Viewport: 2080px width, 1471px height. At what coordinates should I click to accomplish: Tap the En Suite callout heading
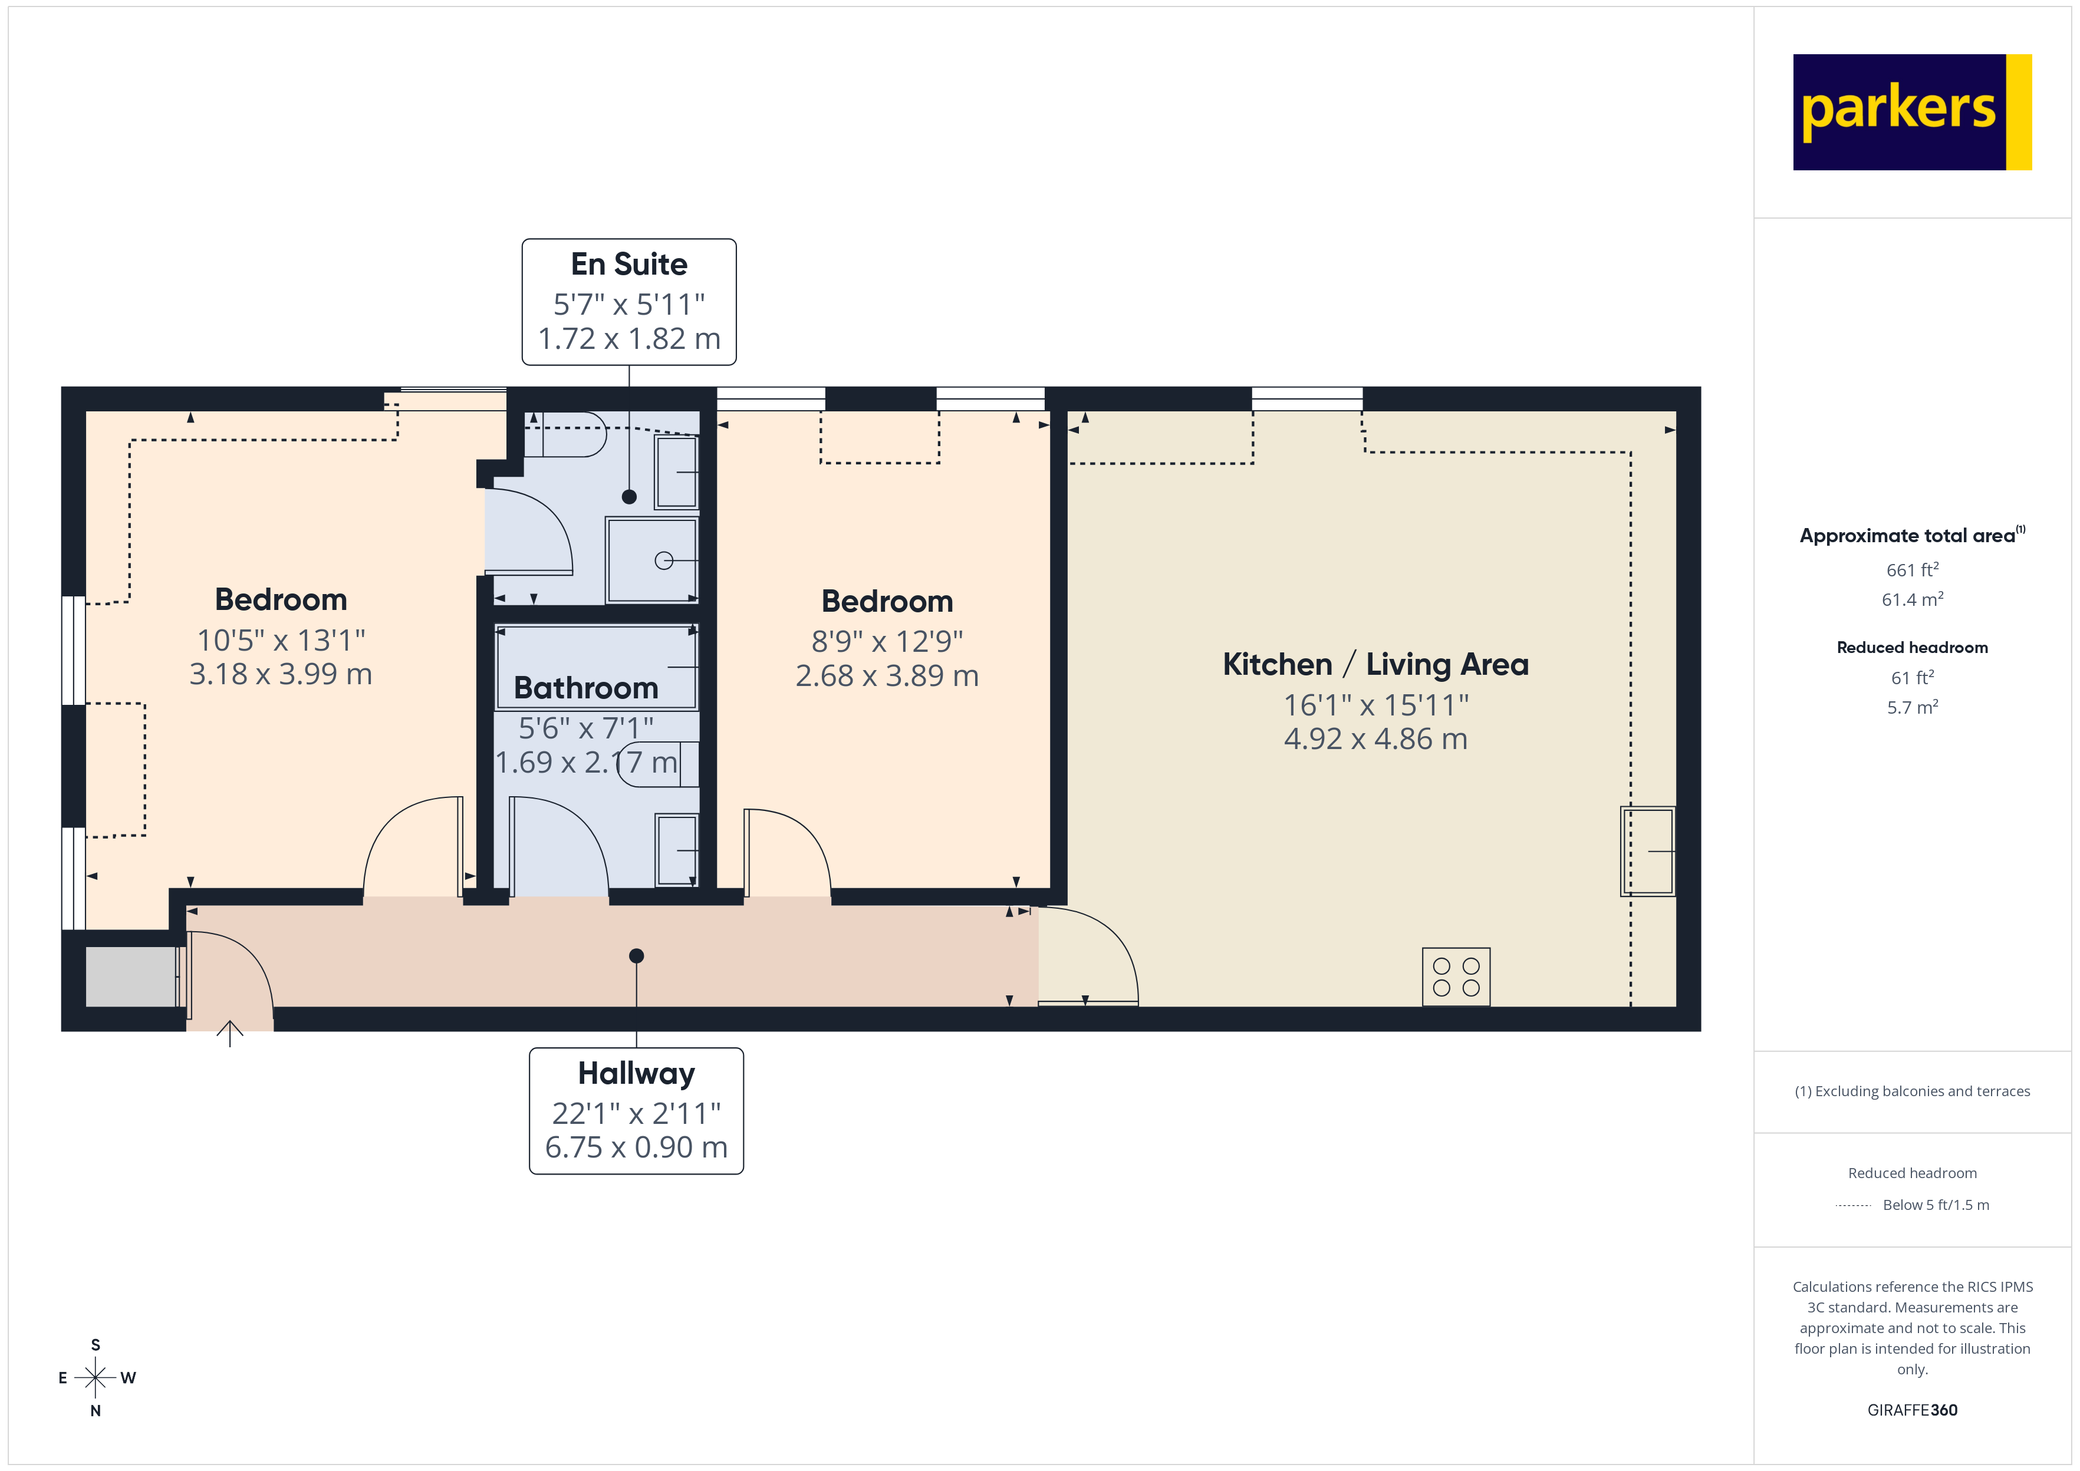[x=628, y=265]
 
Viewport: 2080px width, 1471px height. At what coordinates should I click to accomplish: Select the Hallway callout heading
[x=636, y=1073]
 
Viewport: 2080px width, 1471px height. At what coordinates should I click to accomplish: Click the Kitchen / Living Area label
[x=1375, y=665]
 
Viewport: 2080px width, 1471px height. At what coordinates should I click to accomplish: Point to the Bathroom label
[x=585, y=688]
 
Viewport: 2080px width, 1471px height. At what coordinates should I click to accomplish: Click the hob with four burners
[x=1456, y=977]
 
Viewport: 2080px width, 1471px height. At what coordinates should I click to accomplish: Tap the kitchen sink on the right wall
[x=1648, y=852]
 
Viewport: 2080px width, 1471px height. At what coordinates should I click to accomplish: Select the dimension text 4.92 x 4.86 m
[x=1375, y=739]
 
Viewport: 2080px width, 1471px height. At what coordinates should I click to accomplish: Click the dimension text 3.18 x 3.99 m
[x=281, y=674]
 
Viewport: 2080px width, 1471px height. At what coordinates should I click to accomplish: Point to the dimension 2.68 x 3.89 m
[x=887, y=676]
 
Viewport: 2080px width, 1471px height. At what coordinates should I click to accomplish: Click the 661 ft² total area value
[x=1911, y=570]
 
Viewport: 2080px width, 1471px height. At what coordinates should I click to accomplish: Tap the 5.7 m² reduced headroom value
[x=1911, y=707]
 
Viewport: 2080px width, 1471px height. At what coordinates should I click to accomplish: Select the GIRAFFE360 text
[x=1911, y=1410]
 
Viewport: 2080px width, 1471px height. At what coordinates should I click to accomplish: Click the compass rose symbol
[x=95, y=1378]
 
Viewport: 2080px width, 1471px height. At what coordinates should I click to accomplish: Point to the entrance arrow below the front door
[x=230, y=1033]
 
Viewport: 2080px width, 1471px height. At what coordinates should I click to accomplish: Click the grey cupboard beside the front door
[x=131, y=977]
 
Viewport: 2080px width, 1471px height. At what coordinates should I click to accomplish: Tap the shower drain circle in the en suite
[x=664, y=560]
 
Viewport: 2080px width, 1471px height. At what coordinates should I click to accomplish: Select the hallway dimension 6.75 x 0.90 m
[x=636, y=1147]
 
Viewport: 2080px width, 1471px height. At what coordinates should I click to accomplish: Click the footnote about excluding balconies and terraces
[x=1911, y=1091]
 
